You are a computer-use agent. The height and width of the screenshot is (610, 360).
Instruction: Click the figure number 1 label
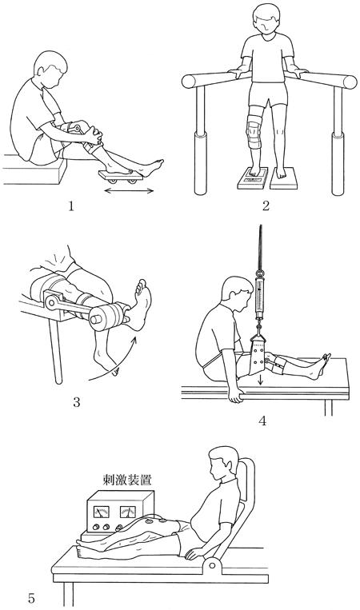click(71, 205)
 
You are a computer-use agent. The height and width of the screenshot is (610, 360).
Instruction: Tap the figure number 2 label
click(266, 205)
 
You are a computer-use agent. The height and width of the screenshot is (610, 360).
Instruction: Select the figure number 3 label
click(76, 402)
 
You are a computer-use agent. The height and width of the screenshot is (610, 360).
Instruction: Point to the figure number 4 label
click(262, 421)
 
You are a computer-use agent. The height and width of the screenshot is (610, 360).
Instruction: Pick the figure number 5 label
click(31, 598)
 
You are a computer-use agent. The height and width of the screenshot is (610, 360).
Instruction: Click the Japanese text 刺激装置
click(127, 480)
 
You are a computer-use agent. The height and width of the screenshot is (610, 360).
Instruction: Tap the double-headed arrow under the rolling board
click(129, 190)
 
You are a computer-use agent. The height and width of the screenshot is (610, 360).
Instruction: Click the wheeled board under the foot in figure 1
click(121, 177)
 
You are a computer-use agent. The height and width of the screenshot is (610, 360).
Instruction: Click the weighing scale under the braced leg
click(253, 178)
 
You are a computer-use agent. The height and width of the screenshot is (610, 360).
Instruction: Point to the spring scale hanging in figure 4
click(259, 296)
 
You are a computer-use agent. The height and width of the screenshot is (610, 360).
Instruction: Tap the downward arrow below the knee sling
click(260, 381)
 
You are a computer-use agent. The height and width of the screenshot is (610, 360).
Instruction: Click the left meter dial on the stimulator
click(101, 512)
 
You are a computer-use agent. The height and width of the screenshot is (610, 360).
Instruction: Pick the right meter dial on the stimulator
click(128, 512)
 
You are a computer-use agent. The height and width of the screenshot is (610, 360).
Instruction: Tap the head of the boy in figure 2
click(266, 20)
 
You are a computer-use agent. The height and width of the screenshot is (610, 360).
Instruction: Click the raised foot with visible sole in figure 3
click(140, 305)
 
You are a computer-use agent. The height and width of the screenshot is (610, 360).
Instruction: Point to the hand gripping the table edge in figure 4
click(236, 395)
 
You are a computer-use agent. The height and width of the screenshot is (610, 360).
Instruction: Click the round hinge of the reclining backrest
click(212, 565)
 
